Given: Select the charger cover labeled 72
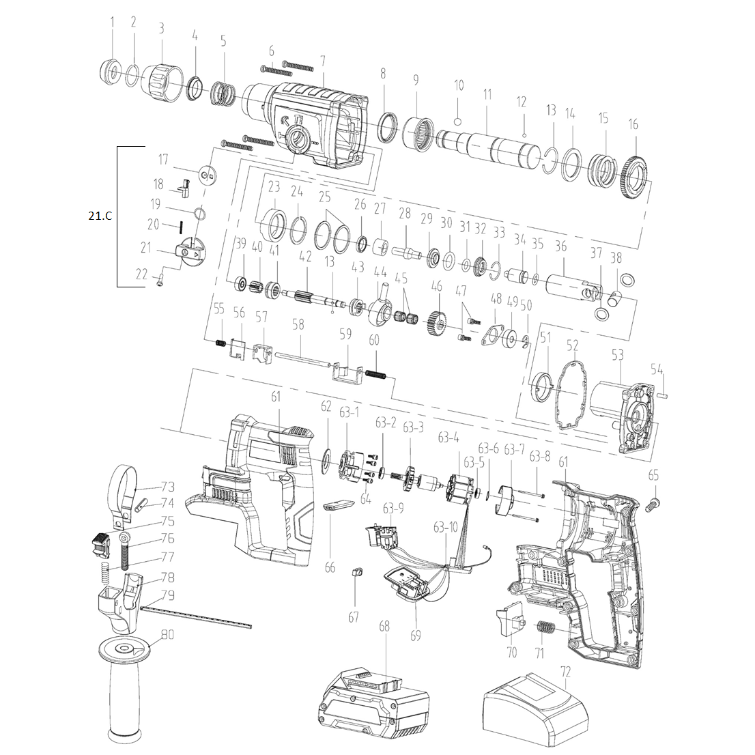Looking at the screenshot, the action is click(535, 707).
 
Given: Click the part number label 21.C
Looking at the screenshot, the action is click(100, 216).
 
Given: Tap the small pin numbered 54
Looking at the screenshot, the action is click(664, 395).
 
